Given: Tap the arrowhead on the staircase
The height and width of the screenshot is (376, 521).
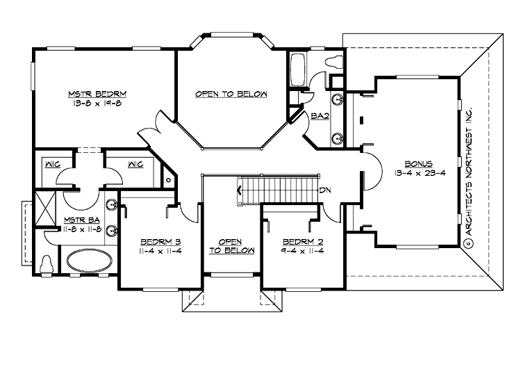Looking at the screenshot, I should coord(240,190).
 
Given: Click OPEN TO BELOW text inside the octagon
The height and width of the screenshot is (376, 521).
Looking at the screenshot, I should coord(231,94).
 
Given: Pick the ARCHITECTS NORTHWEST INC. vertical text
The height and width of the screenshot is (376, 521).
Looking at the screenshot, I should coord(469,171).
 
